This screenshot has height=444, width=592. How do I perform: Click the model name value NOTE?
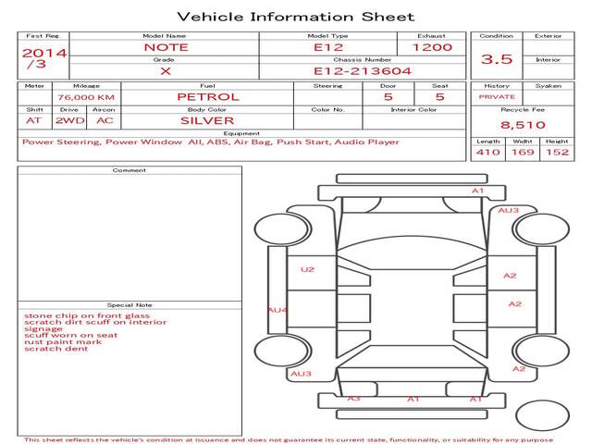(x=166, y=47)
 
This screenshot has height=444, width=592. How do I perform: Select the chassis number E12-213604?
(x=363, y=71)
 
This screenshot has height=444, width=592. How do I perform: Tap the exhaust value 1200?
(x=432, y=47)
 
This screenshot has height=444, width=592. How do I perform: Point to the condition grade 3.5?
(x=497, y=59)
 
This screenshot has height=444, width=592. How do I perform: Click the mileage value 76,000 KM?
(x=86, y=97)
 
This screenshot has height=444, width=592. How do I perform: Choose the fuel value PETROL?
(x=208, y=97)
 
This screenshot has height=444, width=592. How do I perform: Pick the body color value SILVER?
(x=207, y=121)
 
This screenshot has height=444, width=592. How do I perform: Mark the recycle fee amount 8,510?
(x=523, y=125)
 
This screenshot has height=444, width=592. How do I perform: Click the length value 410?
(x=487, y=152)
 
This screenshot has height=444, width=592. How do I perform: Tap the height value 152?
(x=557, y=152)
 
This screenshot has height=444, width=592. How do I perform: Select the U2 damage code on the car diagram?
(x=307, y=269)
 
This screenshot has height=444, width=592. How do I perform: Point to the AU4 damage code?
(x=277, y=311)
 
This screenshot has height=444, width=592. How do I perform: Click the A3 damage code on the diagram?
(x=353, y=399)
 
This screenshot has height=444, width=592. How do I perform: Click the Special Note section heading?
(x=129, y=305)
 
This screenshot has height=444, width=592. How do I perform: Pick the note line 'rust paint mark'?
(x=63, y=341)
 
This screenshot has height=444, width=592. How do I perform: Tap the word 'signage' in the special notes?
(x=43, y=329)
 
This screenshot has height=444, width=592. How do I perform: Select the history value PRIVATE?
(x=497, y=97)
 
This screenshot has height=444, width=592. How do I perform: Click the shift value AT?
(x=33, y=121)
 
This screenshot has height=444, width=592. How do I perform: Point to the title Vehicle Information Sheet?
(x=296, y=17)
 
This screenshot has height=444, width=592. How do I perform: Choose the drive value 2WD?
(x=70, y=121)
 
